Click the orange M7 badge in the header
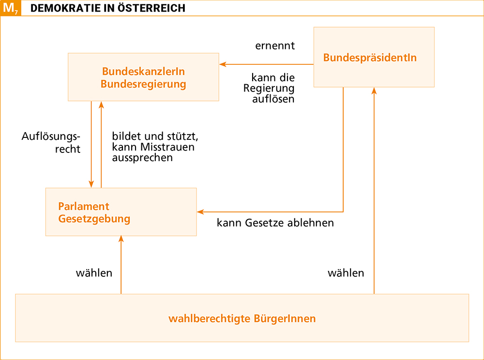[x=11, y=8]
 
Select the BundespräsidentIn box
[x=374, y=57]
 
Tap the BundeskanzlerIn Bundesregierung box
[x=143, y=77]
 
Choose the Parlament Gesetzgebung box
[x=121, y=212]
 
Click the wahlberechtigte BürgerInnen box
[x=242, y=318]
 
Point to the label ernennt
[x=275, y=45]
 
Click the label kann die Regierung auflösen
[x=269, y=88]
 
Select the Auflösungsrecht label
[x=51, y=143]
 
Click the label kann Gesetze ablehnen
[x=275, y=223]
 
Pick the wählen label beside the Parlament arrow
[x=94, y=273]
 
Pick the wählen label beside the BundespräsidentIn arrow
[x=346, y=273]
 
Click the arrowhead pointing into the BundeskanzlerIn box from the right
[x=223, y=64]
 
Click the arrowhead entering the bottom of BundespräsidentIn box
[x=374, y=90]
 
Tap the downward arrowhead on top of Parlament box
[x=91, y=184]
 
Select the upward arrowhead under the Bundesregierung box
[x=101, y=105]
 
